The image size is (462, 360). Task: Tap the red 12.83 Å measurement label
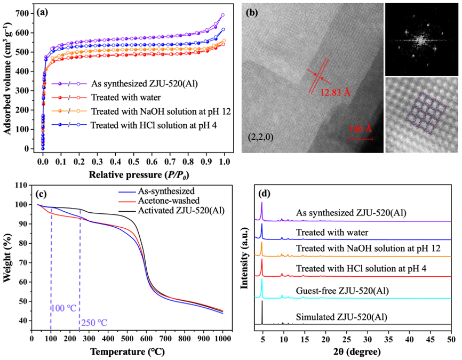[x=335, y=93]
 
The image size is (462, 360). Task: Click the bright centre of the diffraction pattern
[x=419, y=39]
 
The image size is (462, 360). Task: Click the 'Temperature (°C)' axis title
[x=127, y=352]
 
